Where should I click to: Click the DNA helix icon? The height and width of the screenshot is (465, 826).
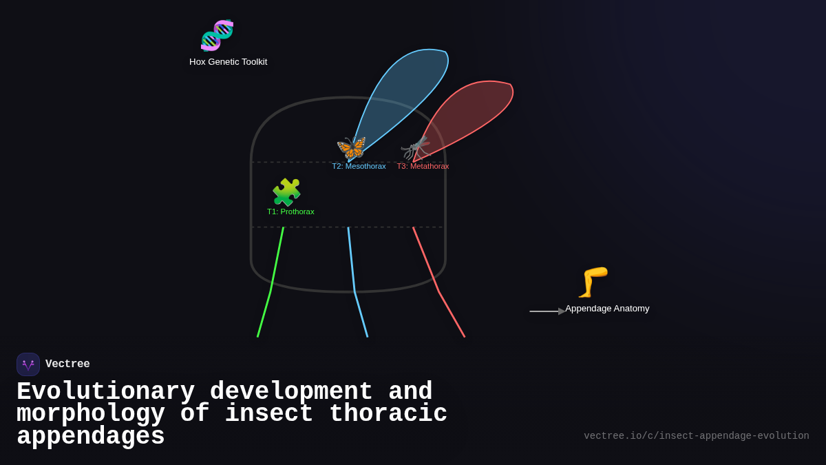point(217,35)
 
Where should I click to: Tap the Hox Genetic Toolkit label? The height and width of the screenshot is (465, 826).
point(228,62)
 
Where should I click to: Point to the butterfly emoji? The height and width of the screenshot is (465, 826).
point(351,148)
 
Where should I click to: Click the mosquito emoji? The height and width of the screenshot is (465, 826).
point(416,148)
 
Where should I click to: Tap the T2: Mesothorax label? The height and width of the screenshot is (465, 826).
point(359,166)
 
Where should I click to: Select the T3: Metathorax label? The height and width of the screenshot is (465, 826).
point(423,166)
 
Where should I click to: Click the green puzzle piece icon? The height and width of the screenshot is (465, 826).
point(286,192)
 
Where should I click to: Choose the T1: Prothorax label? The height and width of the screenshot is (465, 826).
point(290,211)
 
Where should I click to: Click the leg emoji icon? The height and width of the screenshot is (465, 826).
point(593,282)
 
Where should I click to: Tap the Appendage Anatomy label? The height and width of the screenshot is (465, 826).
point(607,309)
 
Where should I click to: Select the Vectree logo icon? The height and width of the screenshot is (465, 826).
point(28,364)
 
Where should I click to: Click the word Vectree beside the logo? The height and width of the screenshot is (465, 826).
point(67,364)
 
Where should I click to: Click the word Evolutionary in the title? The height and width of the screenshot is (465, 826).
point(105,391)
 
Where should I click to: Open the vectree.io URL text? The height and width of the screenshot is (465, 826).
point(696,436)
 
